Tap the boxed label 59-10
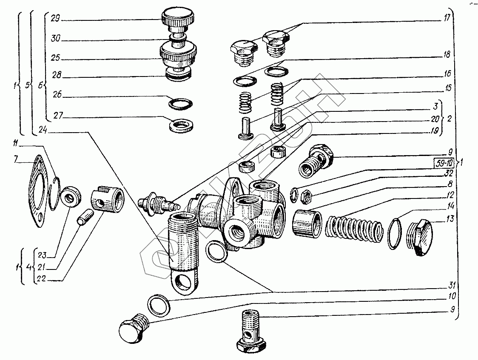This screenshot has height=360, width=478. tap(444, 162)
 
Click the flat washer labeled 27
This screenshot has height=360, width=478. tap(181, 125)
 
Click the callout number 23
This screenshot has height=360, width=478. tap(41, 255)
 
